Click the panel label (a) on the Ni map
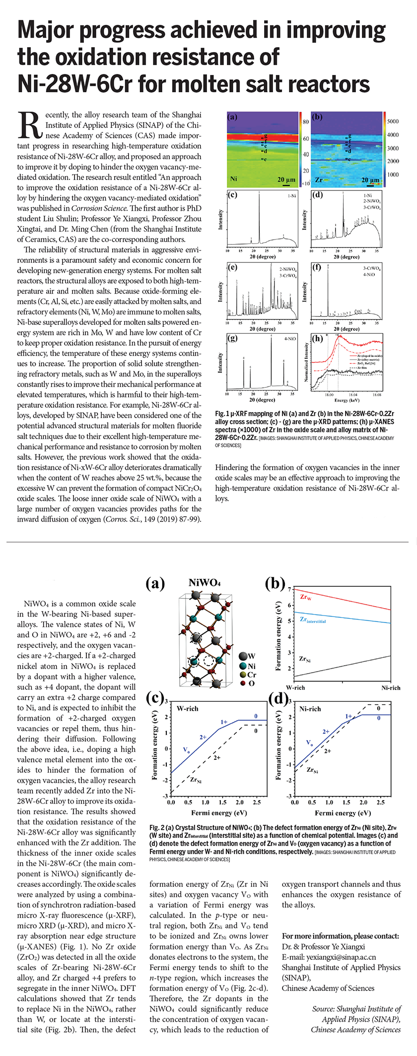point(232,117)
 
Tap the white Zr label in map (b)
point(319,179)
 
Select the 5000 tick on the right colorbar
point(393,122)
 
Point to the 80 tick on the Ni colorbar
point(306,122)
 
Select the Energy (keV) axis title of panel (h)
point(347,400)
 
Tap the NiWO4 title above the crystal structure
point(205,583)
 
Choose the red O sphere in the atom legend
point(243,683)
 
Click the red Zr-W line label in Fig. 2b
point(306,597)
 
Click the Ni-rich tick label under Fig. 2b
point(391,688)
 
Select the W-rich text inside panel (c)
point(187,709)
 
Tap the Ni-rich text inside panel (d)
point(310,709)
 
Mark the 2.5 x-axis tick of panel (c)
point(257,802)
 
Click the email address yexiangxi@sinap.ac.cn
point(329,957)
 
